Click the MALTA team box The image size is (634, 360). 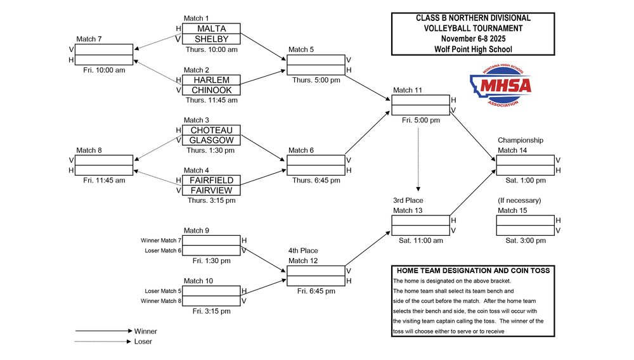pyautogui.click(x=211, y=29)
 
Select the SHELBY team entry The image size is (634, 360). pyautogui.click(x=211, y=39)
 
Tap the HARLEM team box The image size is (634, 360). pyautogui.click(x=211, y=80)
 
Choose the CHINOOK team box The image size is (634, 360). pyautogui.click(x=211, y=90)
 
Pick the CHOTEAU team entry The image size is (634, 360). pyautogui.click(x=211, y=130)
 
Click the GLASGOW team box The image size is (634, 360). pyautogui.click(x=211, y=140)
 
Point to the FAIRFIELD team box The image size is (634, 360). pyautogui.click(x=211, y=180)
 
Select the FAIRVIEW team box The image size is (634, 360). pyautogui.click(x=211, y=190)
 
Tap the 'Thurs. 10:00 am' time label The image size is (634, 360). pyautogui.click(x=212, y=49)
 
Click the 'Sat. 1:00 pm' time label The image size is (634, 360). pyautogui.click(x=525, y=181)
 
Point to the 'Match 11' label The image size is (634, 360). pyautogui.click(x=407, y=90)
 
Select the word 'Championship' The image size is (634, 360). pyautogui.click(x=520, y=140)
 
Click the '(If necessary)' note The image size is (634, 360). pyautogui.click(x=519, y=200)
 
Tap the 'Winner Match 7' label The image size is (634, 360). pyautogui.click(x=160, y=240)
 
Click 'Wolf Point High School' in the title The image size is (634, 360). pyautogui.click(x=473, y=49)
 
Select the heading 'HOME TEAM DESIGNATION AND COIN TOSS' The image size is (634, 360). pyautogui.click(x=473, y=271)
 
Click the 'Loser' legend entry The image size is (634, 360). pyautogui.click(x=143, y=341)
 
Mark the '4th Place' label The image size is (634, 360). pyautogui.click(x=303, y=251)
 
